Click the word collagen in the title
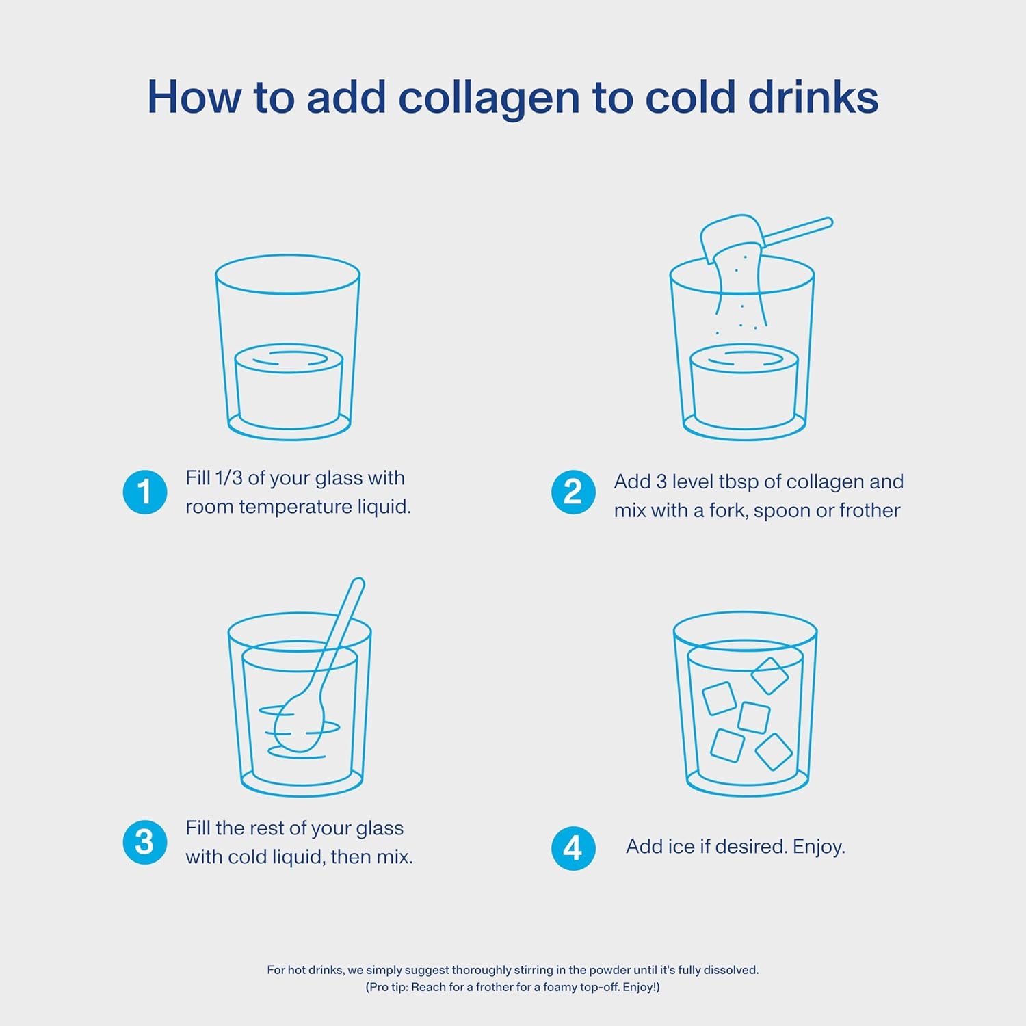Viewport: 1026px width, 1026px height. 488,98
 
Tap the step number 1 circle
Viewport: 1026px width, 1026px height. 145,492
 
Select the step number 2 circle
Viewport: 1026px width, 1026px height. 573,492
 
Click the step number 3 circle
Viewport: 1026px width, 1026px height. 145,842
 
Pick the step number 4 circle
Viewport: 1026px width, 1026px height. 573,848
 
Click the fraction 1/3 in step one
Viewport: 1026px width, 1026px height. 228,477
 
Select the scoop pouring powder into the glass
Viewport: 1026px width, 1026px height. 732,236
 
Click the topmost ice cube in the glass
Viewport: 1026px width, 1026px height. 770,676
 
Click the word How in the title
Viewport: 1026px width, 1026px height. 194,98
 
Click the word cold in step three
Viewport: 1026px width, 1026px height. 246,857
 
